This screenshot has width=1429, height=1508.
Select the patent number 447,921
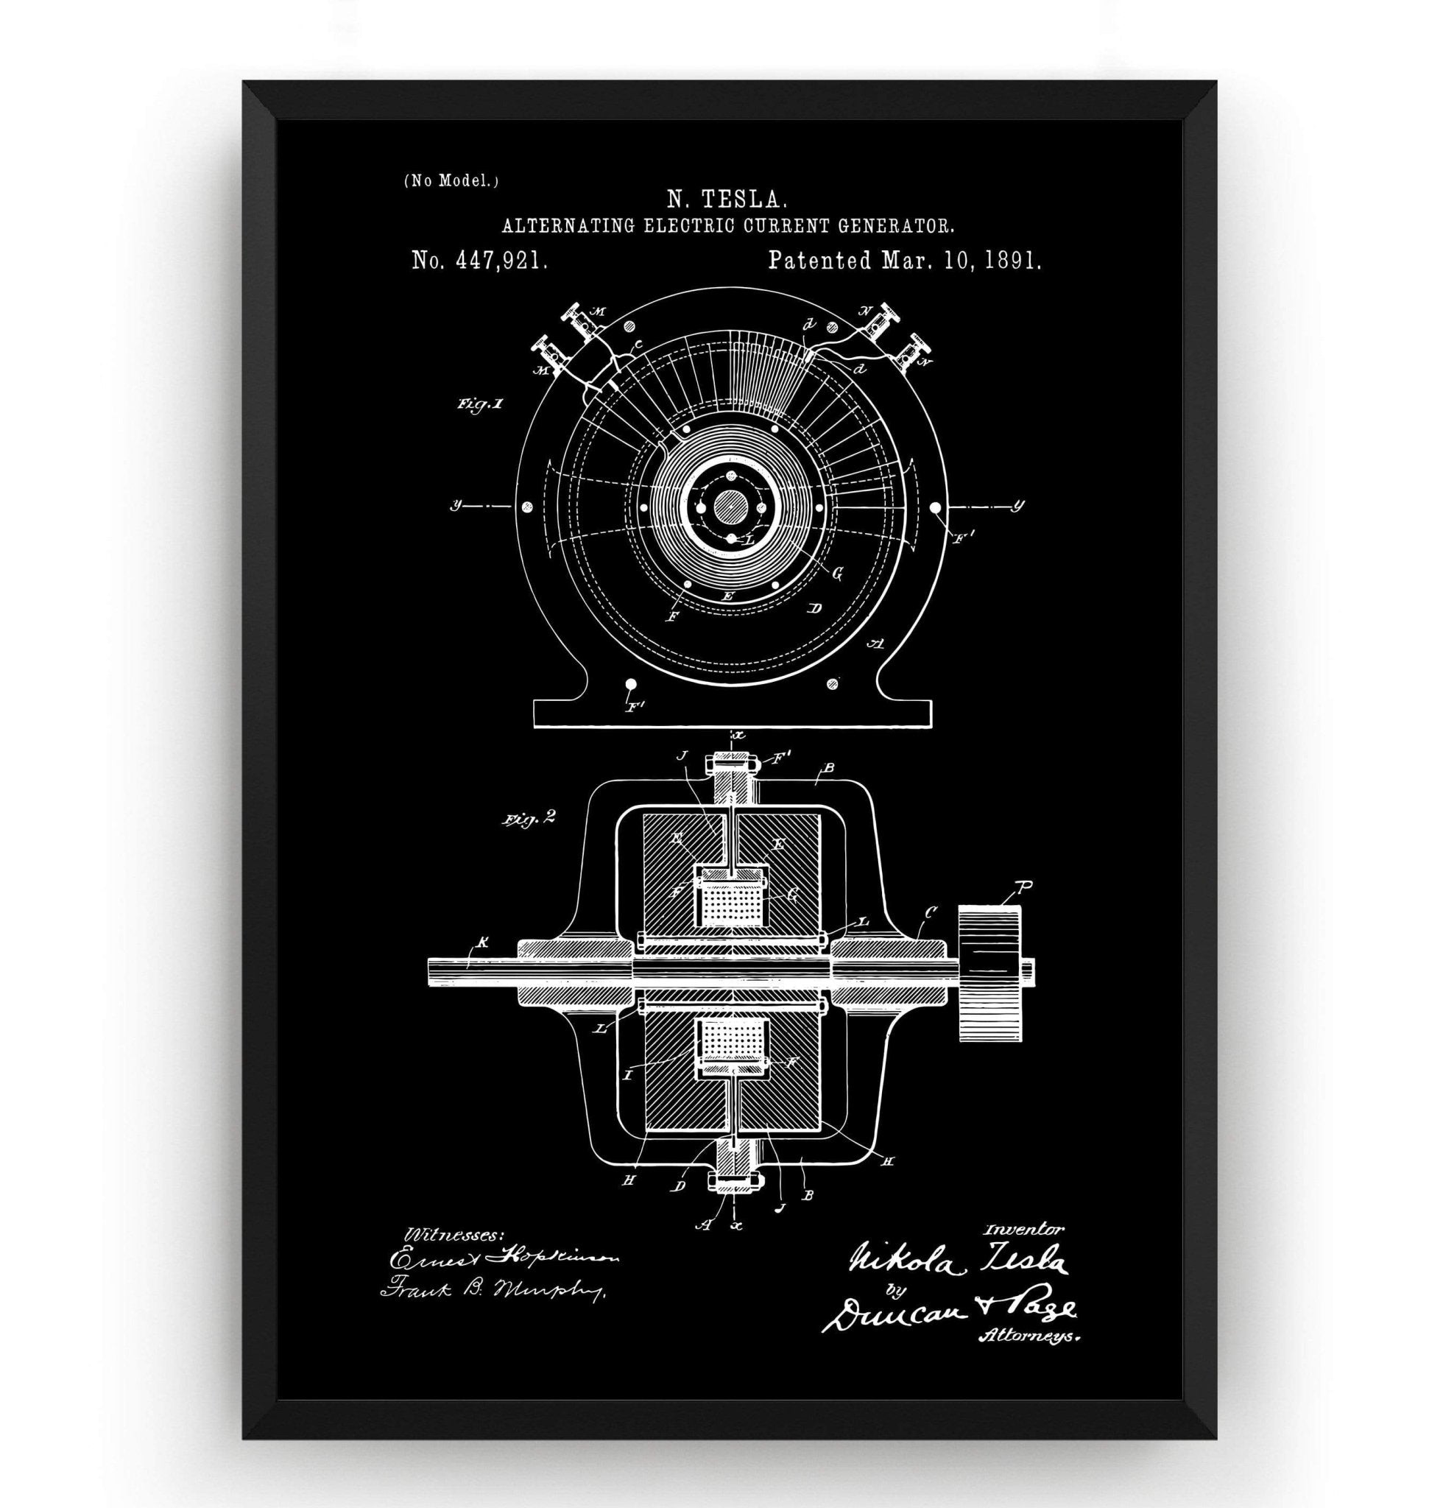(x=499, y=261)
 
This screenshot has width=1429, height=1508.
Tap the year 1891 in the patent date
(x=1012, y=261)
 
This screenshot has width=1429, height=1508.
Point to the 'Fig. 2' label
(x=527, y=819)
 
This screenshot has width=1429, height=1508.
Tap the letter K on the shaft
(x=479, y=943)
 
